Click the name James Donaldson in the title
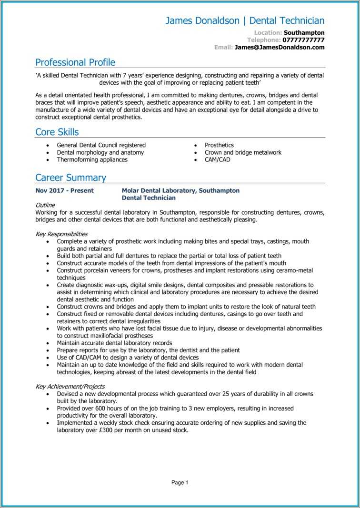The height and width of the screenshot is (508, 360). pos(202,20)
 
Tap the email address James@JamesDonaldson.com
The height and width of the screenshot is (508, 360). pos(280,47)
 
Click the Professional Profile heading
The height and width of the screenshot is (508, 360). pos(75,62)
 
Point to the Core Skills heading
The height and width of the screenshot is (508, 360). pos(57,132)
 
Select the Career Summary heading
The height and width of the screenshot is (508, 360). pos(70,178)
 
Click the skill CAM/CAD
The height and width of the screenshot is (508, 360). pos(217,160)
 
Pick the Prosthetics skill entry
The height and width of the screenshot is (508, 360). pos(219,145)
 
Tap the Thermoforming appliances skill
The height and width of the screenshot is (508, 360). pos(92,160)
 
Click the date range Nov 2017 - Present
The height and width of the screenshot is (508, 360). pos(64,190)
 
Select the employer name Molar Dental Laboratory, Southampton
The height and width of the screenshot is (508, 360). pos(180,190)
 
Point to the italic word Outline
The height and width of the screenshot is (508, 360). pos(45,205)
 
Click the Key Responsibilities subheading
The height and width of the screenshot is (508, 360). pos(61,234)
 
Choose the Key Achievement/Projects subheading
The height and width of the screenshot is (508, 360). pos(70,387)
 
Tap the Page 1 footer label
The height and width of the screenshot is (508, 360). pos(180,482)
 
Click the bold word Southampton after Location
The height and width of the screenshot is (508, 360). pos(304,33)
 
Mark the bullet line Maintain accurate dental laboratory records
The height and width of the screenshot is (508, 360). pos(114,343)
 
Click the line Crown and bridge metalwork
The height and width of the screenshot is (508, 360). pos(243,153)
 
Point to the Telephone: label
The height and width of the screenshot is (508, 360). pos(264,40)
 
